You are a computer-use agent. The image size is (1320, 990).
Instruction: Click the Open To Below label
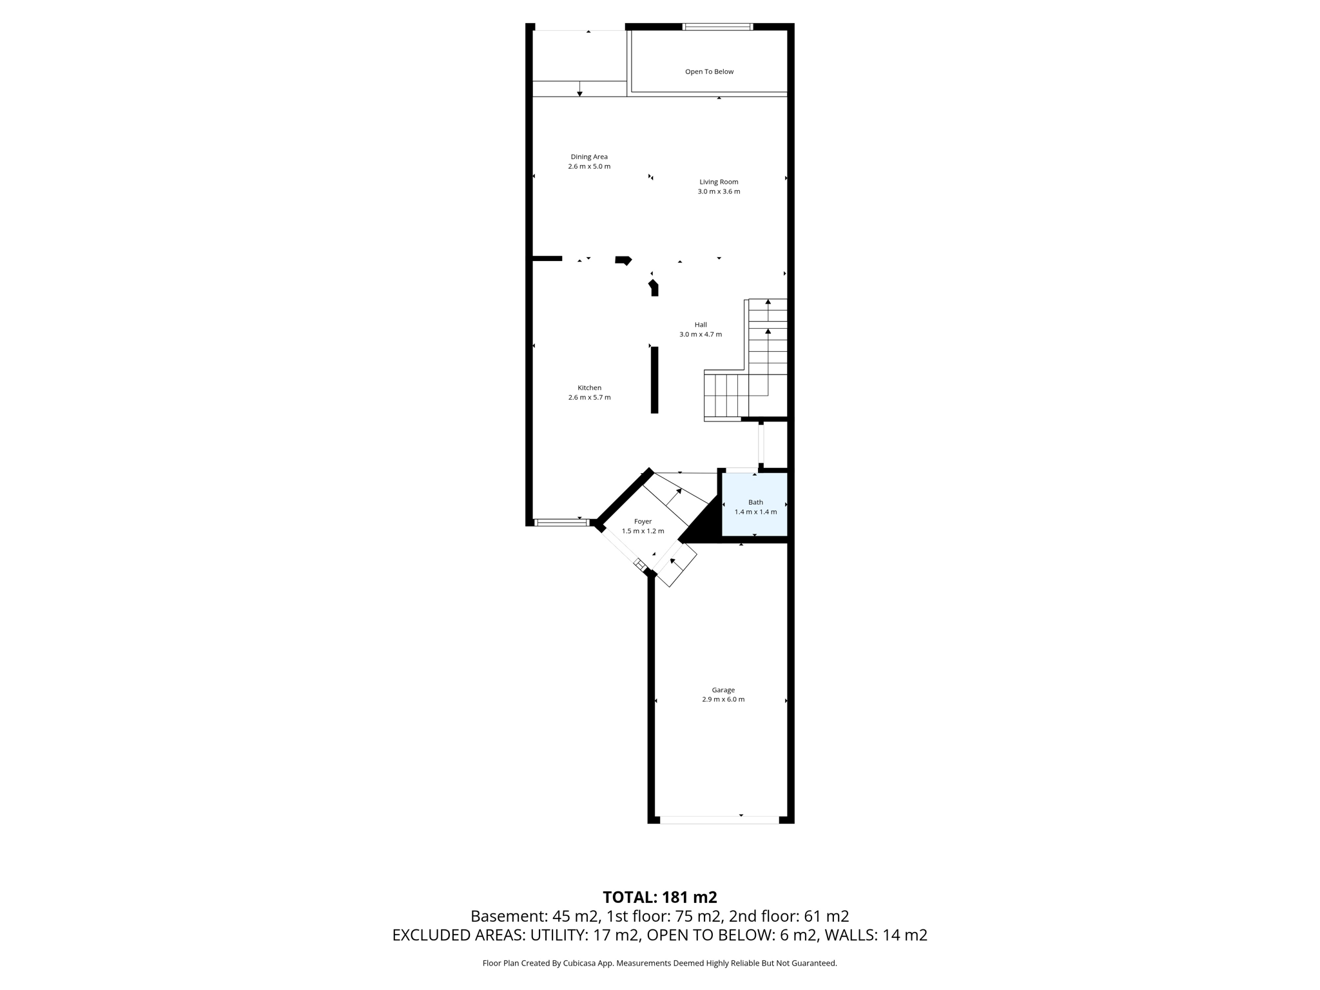click(x=709, y=72)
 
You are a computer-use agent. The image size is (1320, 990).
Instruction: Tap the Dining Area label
click(x=589, y=157)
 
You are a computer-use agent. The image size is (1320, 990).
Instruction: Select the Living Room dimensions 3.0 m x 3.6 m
click(x=719, y=191)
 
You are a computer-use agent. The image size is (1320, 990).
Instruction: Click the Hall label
click(x=701, y=325)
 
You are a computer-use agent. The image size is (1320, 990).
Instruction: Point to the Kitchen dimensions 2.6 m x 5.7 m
click(x=589, y=398)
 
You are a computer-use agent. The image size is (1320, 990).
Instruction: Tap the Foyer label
click(x=643, y=521)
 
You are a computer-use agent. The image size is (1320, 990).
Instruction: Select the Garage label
click(x=723, y=690)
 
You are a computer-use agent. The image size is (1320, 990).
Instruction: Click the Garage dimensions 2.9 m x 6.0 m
click(x=723, y=699)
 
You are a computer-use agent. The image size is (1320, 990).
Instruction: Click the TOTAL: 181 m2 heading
click(x=659, y=897)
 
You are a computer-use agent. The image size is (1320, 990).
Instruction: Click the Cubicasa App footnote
click(x=659, y=964)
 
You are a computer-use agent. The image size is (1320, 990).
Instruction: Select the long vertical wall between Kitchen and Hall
click(x=654, y=380)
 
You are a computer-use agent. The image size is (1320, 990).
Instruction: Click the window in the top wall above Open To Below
click(x=717, y=27)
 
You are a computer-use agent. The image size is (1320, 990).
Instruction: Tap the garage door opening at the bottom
click(x=719, y=820)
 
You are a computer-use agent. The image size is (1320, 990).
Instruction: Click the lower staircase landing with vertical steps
click(x=726, y=395)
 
